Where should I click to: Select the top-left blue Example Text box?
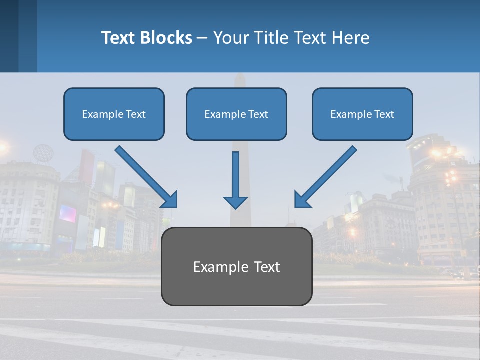114,114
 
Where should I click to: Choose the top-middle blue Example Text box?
236,114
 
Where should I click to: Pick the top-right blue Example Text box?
362,114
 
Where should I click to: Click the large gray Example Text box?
236,267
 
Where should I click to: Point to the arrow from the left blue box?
145,176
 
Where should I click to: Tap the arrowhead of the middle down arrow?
235,202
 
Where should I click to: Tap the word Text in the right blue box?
384,114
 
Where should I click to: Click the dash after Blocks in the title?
202,38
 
